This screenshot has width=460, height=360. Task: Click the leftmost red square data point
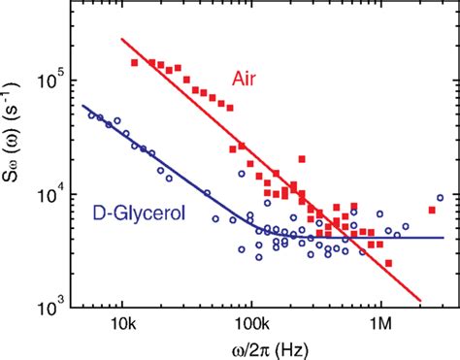tap(135, 62)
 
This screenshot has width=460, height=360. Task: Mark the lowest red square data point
tap(388, 263)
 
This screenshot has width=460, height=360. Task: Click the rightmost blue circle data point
tap(441, 198)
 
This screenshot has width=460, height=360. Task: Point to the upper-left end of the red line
tap(121, 39)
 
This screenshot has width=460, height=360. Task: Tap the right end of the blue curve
tap(444, 238)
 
